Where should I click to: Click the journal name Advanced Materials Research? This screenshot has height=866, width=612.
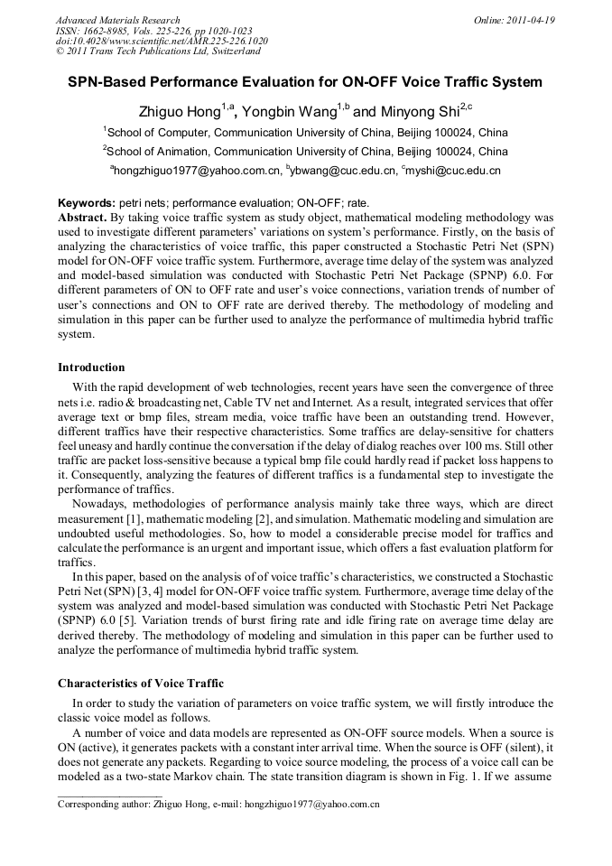(x=117, y=20)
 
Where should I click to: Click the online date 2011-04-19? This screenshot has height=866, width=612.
(x=523, y=20)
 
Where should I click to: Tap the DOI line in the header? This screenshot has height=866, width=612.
(x=162, y=42)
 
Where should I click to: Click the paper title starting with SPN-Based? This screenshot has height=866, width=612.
(x=305, y=82)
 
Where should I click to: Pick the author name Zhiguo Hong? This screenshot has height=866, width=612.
(x=180, y=112)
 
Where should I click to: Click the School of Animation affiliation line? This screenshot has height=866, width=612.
(x=305, y=151)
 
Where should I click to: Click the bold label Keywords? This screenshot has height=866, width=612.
(x=87, y=203)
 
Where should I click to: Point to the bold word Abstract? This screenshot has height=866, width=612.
(x=82, y=218)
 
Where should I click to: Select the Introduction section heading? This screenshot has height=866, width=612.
(x=91, y=368)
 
